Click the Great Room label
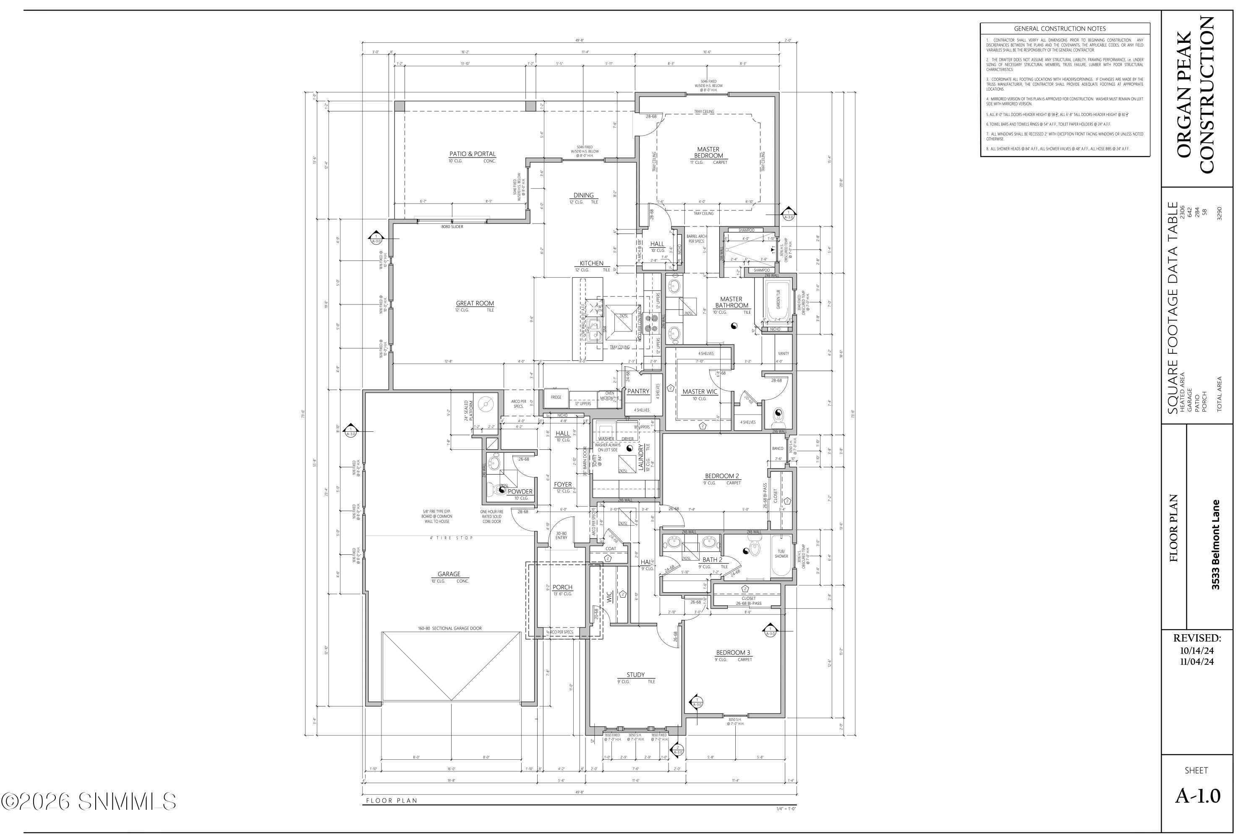474,303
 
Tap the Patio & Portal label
472,154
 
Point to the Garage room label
448,574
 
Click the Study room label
635,675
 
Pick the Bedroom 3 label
733,653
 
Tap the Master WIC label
699,391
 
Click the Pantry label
637,391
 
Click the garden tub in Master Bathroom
777,301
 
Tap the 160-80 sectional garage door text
449,628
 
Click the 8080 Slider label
452,227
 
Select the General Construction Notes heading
1059,29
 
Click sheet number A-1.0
1197,796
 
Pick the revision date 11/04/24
1197,661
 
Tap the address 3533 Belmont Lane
1216,545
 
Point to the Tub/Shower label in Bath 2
781,554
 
